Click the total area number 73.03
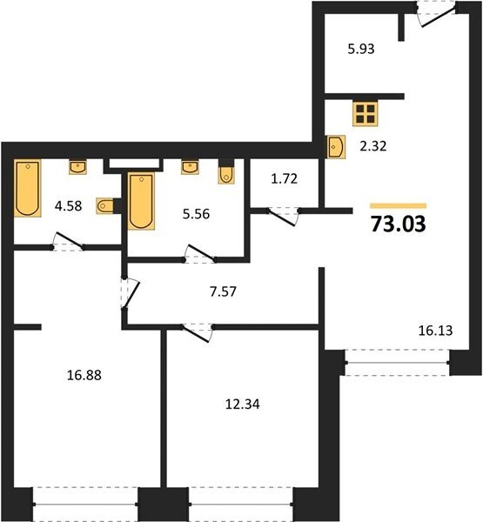click(398, 224)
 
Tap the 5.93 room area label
click(361, 49)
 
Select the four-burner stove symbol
click(366, 114)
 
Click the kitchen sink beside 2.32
click(336, 147)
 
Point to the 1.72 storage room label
click(284, 178)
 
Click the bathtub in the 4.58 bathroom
click(27, 188)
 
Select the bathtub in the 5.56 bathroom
click(142, 201)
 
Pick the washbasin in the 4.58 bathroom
click(78, 167)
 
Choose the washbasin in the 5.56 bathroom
click(191, 167)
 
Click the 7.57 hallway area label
click(223, 291)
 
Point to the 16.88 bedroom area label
click(84, 375)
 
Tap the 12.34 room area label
click(243, 405)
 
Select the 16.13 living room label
click(435, 331)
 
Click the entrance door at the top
click(436, 14)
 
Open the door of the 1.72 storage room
click(283, 216)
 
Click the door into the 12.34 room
click(198, 332)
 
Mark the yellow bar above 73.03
click(398, 205)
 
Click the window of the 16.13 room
click(398, 363)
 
